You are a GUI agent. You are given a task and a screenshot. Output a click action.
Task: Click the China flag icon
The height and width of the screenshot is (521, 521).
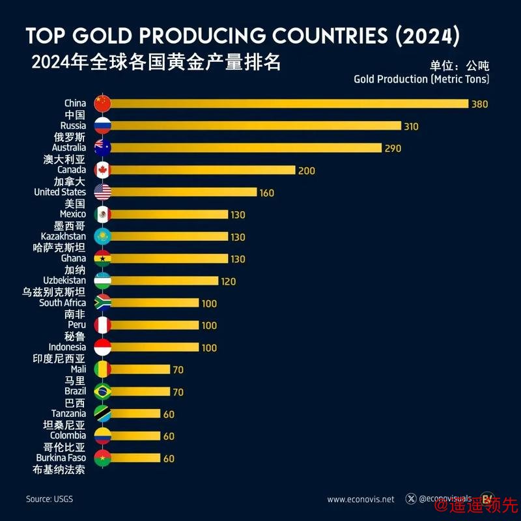point(103,104)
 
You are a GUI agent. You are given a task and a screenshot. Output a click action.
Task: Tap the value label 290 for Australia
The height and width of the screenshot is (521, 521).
point(393,148)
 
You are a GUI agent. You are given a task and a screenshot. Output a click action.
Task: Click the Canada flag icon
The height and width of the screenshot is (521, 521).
point(103,170)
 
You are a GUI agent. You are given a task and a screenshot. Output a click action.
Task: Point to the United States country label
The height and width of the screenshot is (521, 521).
point(59,192)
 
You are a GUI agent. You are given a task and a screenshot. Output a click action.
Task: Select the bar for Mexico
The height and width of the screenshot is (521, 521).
point(169,214)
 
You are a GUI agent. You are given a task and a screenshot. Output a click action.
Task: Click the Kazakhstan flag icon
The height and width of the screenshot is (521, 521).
point(103,236)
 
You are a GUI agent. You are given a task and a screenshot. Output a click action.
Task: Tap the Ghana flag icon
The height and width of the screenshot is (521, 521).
point(103,259)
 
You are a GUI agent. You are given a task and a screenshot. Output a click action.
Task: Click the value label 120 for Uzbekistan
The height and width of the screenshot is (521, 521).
point(228,281)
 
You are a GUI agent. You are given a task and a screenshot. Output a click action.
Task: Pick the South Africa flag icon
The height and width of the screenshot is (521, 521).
point(103,303)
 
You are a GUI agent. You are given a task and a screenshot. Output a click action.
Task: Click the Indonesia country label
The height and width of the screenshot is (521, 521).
point(66,347)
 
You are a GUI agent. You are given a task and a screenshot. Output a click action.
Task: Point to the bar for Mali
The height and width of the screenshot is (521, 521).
point(140,369)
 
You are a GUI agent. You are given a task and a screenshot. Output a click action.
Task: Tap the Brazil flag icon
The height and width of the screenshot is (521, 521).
point(103,391)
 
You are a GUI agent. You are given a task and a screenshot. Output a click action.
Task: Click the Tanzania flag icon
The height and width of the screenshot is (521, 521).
point(103,414)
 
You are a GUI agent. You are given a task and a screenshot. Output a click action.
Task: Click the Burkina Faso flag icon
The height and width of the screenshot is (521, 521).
point(103,458)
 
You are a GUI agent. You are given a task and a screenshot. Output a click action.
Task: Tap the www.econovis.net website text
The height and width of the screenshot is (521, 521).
point(360,500)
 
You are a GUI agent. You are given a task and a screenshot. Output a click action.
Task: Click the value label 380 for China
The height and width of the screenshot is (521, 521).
point(480,104)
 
